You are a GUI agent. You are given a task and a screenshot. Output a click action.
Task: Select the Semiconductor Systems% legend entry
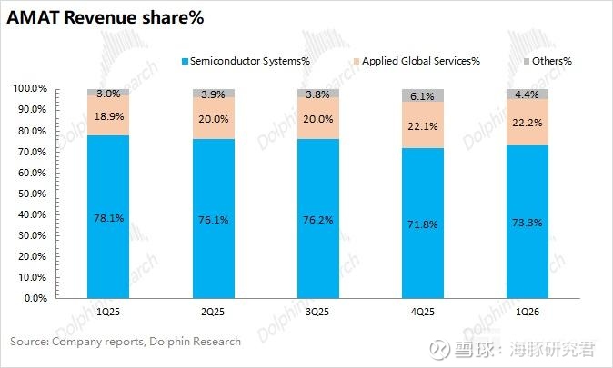click(249, 61)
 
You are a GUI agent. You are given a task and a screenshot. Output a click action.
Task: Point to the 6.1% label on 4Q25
click(422, 95)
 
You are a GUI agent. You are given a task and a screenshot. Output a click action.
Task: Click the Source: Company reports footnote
click(126, 342)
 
